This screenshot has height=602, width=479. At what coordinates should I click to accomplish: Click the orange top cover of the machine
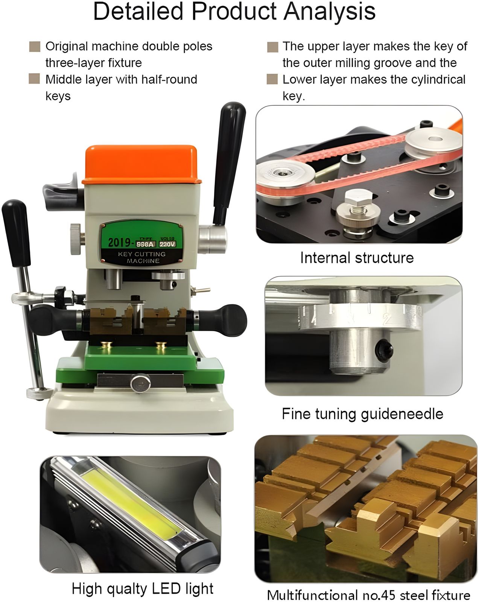pos(141,164)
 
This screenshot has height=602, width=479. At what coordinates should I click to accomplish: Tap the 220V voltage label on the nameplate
pos(167,244)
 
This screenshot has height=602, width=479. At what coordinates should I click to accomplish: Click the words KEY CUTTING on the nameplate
pos(141,254)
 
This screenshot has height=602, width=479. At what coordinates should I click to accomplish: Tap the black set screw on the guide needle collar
pos(383,350)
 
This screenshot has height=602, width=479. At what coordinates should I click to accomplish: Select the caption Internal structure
pos(357,258)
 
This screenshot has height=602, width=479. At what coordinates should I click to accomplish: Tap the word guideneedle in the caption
pos(402,414)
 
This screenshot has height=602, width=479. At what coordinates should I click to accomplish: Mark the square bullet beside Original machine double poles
pos(35,47)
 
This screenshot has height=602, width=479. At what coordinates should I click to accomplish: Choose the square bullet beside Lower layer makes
pos(272,79)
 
